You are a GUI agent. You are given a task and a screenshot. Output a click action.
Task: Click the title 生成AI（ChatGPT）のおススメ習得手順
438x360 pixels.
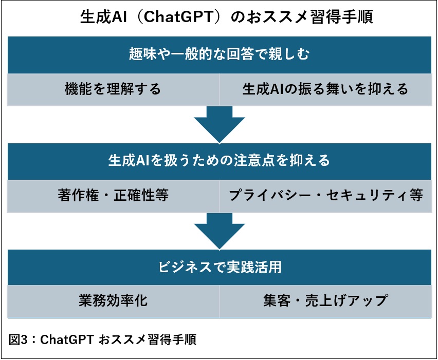tap(219, 17)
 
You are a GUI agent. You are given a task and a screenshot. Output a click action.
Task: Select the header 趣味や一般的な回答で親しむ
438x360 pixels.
tap(219, 54)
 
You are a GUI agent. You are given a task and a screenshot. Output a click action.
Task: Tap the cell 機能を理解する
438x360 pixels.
tap(113, 89)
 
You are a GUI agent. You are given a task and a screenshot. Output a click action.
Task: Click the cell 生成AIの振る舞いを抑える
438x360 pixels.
tap(325, 89)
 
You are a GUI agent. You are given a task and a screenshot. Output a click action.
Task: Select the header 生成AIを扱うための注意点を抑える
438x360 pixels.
tap(219, 161)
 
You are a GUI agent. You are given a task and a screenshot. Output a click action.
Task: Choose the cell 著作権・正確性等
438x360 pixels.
tap(113, 196)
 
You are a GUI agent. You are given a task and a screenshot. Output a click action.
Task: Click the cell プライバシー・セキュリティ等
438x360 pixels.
tap(325, 196)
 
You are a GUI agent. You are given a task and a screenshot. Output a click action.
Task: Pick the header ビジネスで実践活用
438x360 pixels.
tap(219, 268)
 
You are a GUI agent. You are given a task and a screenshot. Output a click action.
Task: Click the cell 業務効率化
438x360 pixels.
tap(113, 300)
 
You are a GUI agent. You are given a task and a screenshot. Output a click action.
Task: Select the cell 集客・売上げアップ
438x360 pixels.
tap(325, 300)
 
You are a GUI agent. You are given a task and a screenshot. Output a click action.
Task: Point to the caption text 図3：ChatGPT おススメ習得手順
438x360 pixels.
tap(103, 340)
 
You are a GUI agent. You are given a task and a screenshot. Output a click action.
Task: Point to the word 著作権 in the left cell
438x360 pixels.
tap(75, 196)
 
